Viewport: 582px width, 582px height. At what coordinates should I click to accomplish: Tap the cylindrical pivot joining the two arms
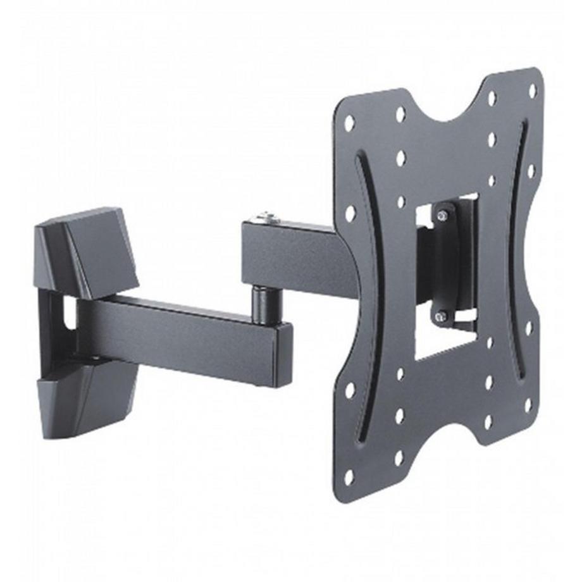click(x=261, y=300)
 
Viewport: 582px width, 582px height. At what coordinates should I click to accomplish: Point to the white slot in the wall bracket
click(x=68, y=311)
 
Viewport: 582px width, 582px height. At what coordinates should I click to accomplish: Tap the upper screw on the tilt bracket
click(x=442, y=216)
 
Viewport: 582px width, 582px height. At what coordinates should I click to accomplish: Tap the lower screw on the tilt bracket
click(x=442, y=316)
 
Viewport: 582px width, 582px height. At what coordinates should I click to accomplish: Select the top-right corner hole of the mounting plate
click(x=532, y=90)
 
